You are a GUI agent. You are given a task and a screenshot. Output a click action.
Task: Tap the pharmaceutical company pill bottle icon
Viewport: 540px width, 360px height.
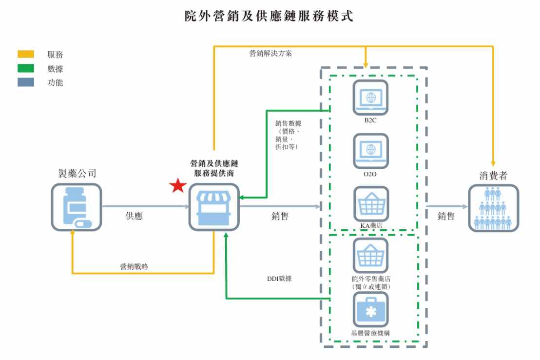pyautogui.click(x=77, y=207)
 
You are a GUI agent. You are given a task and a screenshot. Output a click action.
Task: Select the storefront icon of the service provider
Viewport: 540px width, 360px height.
pyautogui.click(x=213, y=207)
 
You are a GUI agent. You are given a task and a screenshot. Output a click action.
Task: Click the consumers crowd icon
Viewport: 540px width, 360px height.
pyautogui.click(x=493, y=207)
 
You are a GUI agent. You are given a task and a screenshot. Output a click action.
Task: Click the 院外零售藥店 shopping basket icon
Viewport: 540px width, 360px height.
pyautogui.click(x=370, y=255)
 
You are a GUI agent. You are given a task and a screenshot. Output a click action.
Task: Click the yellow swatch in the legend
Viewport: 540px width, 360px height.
pyautogui.click(x=26, y=55)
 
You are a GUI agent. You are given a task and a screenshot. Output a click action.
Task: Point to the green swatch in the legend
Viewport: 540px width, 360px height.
pyautogui.click(x=26, y=69)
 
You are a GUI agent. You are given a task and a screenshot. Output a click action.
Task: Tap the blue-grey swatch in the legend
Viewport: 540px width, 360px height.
pyautogui.click(x=26, y=83)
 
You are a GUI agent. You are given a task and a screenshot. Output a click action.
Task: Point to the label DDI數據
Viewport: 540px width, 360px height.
pyautogui.click(x=276, y=279)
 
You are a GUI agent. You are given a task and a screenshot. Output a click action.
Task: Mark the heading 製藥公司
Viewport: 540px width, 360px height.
pyautogui.click(x=77, y=173)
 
